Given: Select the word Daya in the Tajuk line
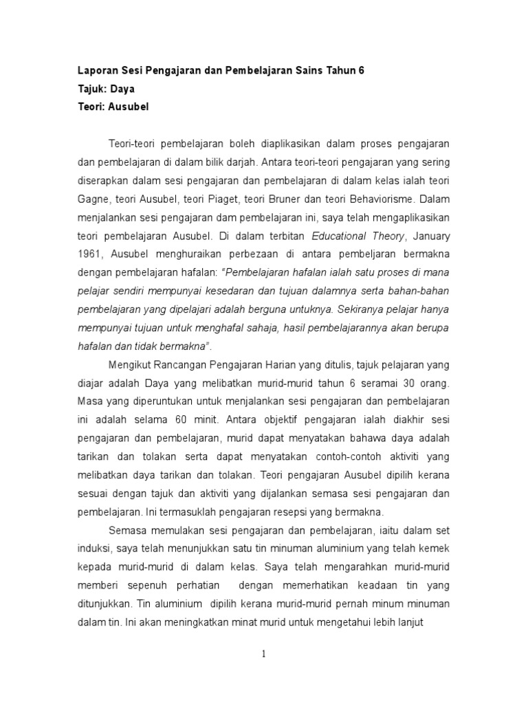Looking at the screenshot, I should (123, 89).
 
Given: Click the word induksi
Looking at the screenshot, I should (93, 549).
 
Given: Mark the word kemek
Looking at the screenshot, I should (435, 549).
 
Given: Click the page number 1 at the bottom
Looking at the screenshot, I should (263, 654).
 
